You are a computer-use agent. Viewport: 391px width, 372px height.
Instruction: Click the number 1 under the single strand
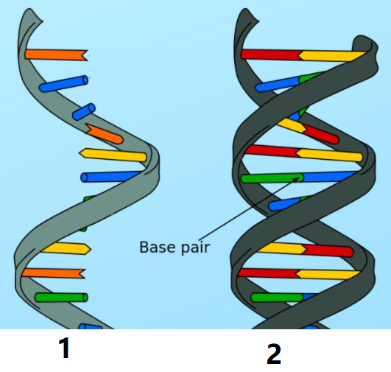coord(64,348)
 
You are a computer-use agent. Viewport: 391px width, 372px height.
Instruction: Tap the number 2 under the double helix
coord(274,354)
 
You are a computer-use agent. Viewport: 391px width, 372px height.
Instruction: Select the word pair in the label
coord(196,248)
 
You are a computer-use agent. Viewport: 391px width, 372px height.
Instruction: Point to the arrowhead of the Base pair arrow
coord(297,179)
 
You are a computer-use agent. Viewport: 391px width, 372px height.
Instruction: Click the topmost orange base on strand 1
coord(57,55)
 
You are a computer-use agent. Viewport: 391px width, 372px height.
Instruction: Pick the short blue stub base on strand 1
coord(84,111)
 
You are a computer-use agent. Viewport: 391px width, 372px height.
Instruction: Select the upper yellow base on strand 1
coord(113,155)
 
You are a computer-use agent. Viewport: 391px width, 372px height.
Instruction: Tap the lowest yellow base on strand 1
coord(66,249)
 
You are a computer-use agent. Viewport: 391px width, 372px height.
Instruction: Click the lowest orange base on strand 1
coord(53,273)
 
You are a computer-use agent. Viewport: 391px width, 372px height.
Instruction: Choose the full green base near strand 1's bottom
coord(61,298)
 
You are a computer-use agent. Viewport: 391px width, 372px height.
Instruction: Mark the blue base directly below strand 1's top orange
coord(64,84)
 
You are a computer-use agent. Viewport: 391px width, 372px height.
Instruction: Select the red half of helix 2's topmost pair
coord(271,55)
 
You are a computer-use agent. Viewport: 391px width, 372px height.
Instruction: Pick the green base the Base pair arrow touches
coord(272,178)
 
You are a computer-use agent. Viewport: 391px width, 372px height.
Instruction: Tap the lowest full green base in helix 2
coord(277,298)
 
